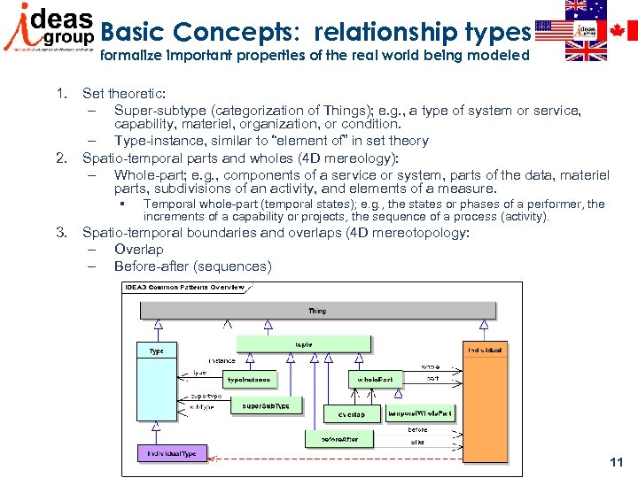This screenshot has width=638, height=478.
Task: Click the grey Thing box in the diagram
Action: point(316,311)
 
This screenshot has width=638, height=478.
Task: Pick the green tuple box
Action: point(303,344)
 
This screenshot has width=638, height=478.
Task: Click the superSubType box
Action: point(266,405)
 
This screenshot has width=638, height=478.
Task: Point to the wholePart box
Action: point(376,379)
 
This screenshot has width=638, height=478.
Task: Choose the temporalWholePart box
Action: point(420,413)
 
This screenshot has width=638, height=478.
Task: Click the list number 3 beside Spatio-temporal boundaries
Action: point(61,233)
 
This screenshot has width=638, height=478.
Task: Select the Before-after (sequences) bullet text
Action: point(192,266)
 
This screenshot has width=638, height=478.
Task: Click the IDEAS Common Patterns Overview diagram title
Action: point(185,288)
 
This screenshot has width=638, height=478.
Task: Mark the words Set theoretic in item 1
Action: point(123,93)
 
